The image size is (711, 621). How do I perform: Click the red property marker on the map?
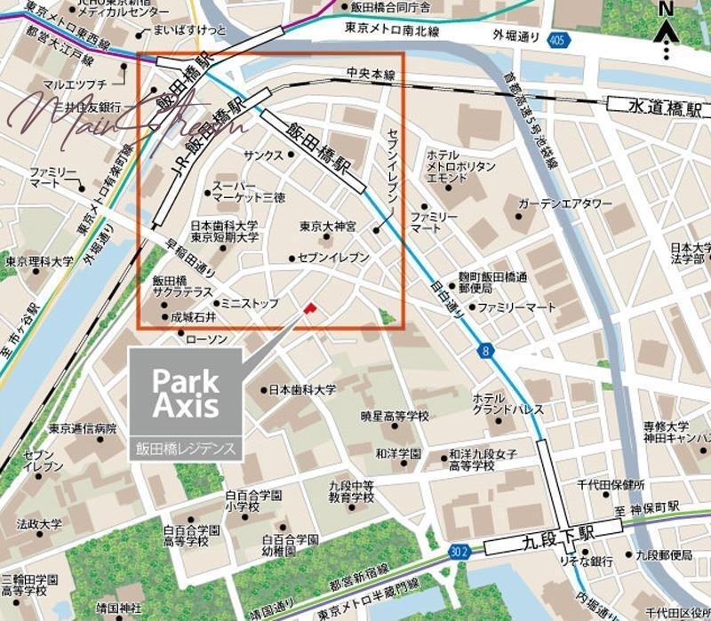(309, 307)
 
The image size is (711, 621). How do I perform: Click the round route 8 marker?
(485, 352)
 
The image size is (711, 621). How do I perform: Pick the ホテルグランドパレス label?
(495, 404)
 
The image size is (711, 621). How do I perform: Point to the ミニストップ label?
(249, 303)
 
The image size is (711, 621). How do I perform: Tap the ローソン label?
(211, 339)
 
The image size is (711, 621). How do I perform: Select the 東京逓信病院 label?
(83, 427)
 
